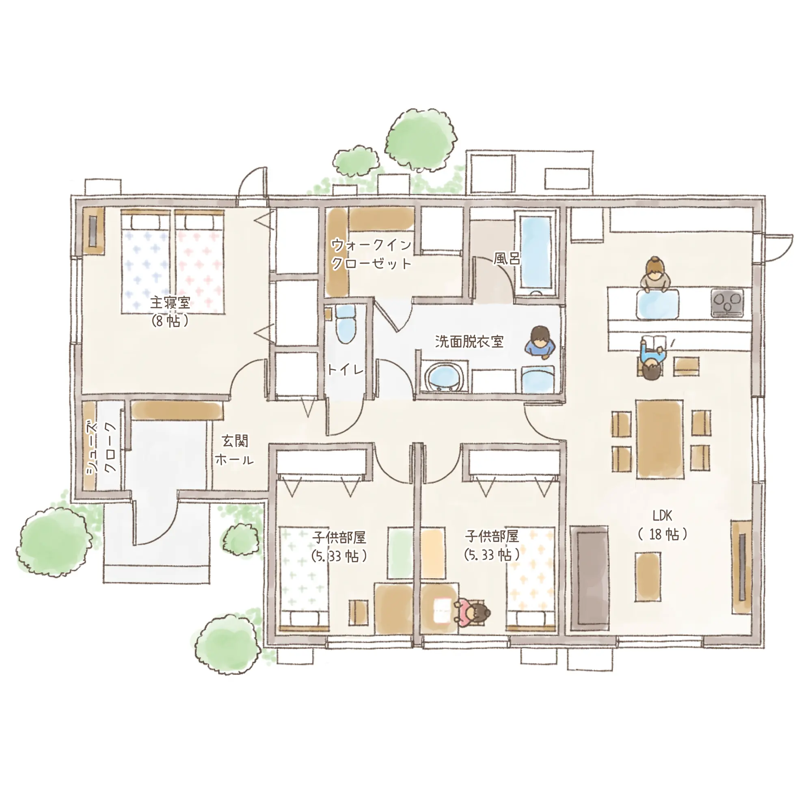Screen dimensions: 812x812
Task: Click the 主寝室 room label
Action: [x=170, y=302]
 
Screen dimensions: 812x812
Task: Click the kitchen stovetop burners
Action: [x=727, y=302]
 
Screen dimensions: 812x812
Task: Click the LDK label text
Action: [x=662, y=516]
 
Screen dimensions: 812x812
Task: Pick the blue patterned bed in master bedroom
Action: [x=145, y=261]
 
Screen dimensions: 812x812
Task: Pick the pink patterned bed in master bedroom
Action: [x=199, y=261]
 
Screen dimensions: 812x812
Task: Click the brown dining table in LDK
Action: [x=659, y=439]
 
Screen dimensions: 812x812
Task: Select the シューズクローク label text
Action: [x=101, y=448]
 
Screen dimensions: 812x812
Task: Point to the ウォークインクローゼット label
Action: [x=371, y=254]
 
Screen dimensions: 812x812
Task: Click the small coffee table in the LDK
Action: [x=648, y=577]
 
